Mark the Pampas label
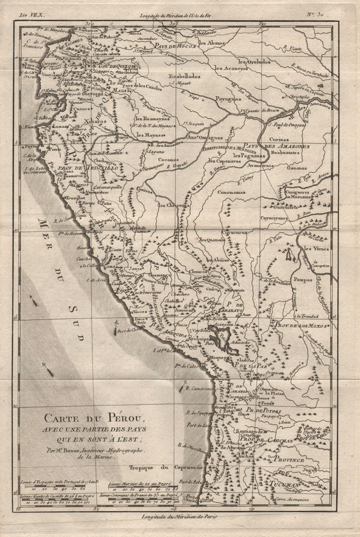[302, 280]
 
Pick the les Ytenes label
[316, 248]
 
